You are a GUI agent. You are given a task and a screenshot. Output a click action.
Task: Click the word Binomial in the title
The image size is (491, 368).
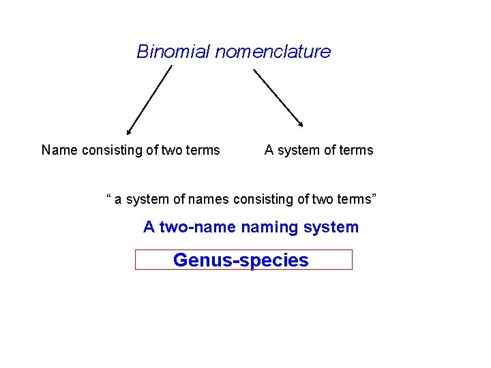click(173, 52)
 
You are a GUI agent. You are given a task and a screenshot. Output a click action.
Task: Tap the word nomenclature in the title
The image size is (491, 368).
click(273, 52)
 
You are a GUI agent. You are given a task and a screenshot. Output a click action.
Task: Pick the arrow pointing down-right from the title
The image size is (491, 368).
click(278, 97)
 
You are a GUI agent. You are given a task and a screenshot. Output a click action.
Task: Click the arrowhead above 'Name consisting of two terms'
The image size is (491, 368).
click(129, 132)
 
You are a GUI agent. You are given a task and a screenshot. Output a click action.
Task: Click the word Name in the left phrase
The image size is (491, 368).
click(59, 150)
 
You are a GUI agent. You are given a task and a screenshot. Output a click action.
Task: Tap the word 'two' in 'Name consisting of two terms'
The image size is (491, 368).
click(173, 150)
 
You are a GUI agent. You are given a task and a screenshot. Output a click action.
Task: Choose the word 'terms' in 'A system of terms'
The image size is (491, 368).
click(357, 150)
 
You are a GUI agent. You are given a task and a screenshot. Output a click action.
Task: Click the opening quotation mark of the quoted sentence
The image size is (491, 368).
click(109, 198)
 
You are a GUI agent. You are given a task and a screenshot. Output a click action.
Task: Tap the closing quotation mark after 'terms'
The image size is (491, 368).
click(373, 198)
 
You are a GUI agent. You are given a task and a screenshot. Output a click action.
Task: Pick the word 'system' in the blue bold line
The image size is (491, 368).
click(332, 228)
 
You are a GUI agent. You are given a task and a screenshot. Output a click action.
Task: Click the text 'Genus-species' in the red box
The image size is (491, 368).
click(241, 260)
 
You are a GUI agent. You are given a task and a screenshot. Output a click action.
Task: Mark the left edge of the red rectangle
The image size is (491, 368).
click(136, 260)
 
